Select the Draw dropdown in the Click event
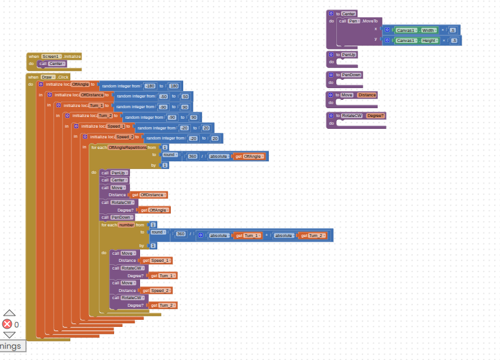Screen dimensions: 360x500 pos(48,77)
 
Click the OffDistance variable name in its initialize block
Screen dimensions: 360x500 pos(92,95)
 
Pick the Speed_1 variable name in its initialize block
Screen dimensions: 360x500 pos(116,127)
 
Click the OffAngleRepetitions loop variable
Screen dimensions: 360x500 pos(127,147)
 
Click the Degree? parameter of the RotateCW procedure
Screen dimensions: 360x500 pos(375,115)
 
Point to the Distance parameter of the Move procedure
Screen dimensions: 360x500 pos(366,95)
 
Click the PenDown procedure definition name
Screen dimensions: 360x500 pos(352,75)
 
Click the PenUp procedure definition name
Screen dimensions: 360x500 pos(349,54)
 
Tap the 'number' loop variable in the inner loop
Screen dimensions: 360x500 pos(126,225)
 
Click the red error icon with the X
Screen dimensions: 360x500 pos(7,324)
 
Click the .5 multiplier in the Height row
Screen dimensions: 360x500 pos(453,41)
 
